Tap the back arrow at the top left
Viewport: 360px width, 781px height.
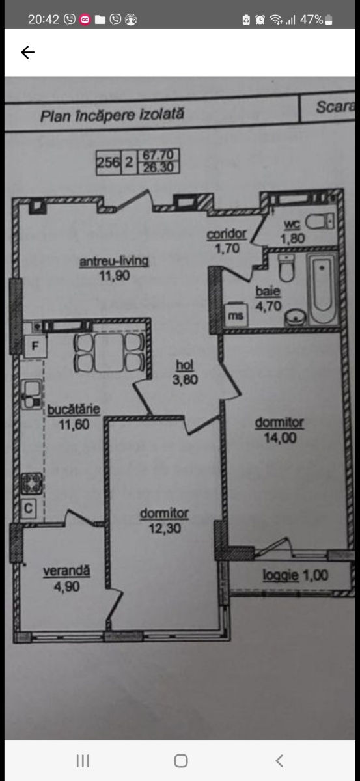tap(28, 52)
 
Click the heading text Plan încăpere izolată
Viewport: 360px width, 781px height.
tap(112, 115)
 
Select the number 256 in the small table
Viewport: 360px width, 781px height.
tap(108, 162)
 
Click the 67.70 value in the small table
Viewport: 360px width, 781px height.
tap(158, 154)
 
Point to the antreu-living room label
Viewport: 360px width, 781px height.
tap(114, 261)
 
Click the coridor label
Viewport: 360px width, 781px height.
tap(227, 234)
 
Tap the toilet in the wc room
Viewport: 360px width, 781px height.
tap(320, 221)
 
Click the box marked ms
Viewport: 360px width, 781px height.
tap(236, 315)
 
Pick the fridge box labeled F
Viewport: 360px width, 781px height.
tap(35, 346)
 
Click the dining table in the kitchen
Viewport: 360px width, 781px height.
tap(109, 352)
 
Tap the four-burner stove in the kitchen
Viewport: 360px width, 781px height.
tap(32, 483)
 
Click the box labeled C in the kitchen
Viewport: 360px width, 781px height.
tap(28, 508)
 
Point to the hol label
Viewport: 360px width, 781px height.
tap(184, 365)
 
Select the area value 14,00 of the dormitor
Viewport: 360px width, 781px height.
tap(280, 437)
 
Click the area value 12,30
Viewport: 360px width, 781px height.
tap(165, 528)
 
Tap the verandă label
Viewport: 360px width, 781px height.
tap(66, 571)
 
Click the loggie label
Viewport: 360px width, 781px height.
tap(281, 575)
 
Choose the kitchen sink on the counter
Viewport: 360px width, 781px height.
tap(32, 394)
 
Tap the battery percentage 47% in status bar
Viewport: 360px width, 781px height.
tap(312, 20)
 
